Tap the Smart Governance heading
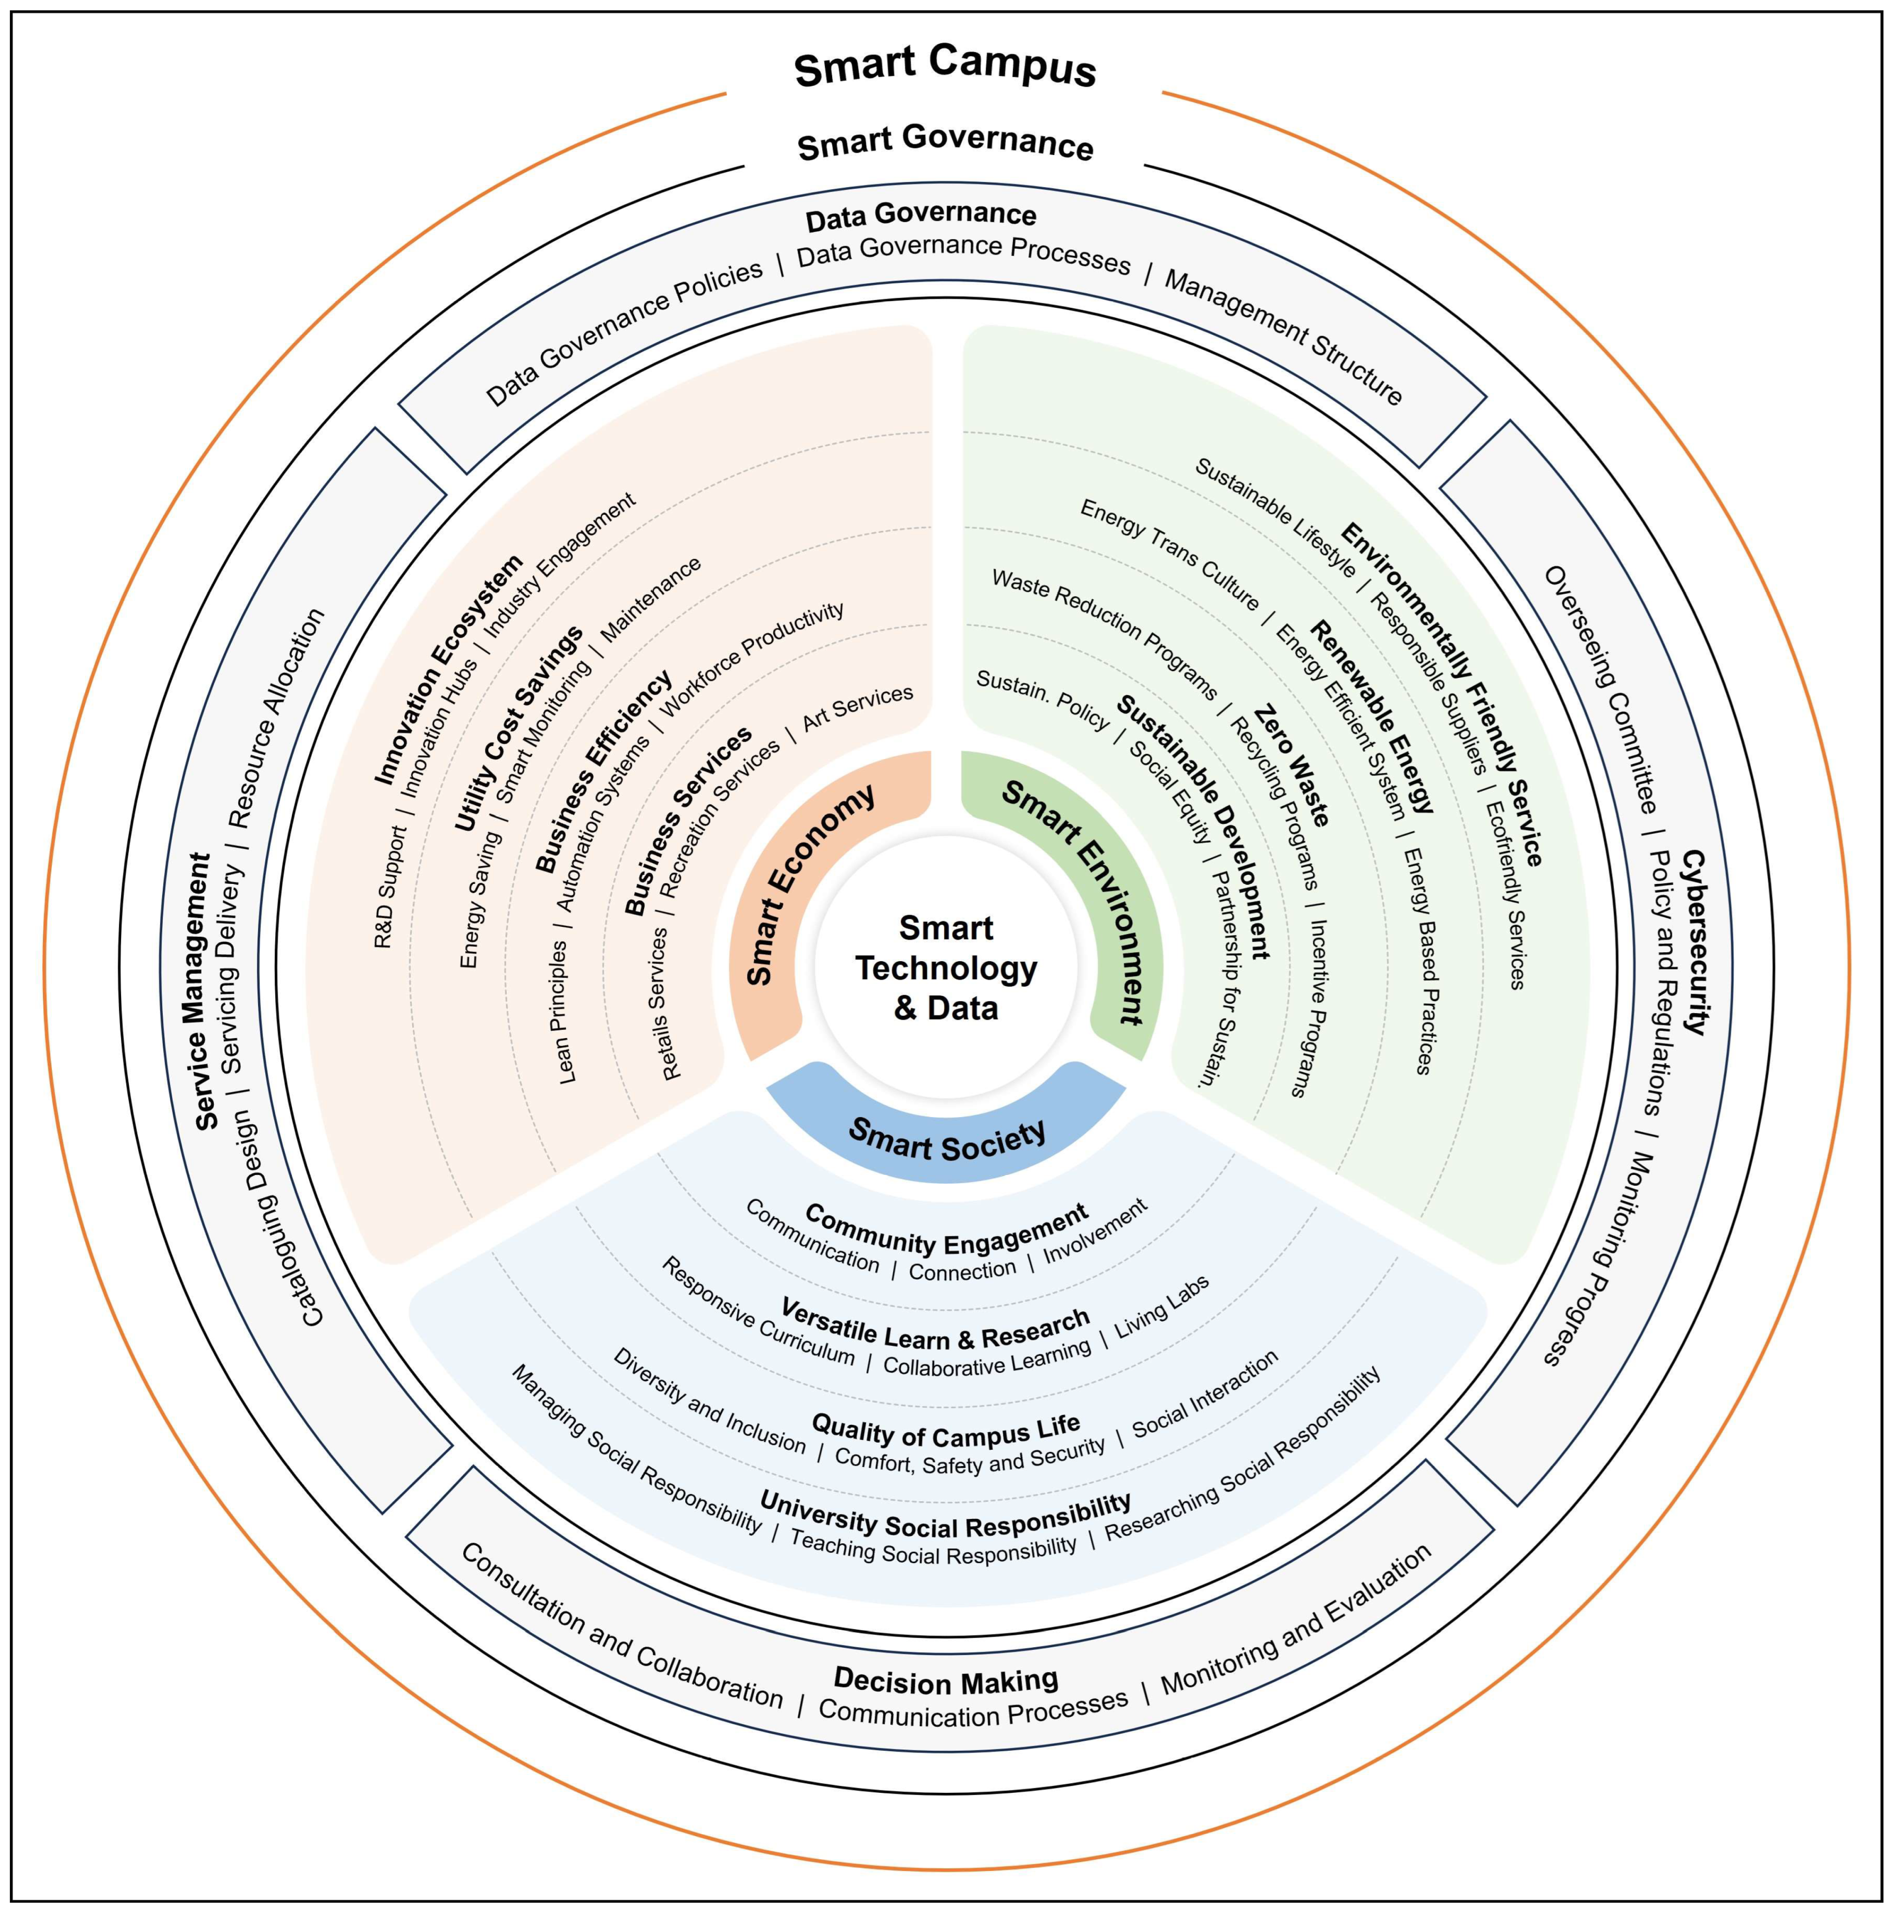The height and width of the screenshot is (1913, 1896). tap(946, 143)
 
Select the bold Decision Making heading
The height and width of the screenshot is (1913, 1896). tap(946, 1680)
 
